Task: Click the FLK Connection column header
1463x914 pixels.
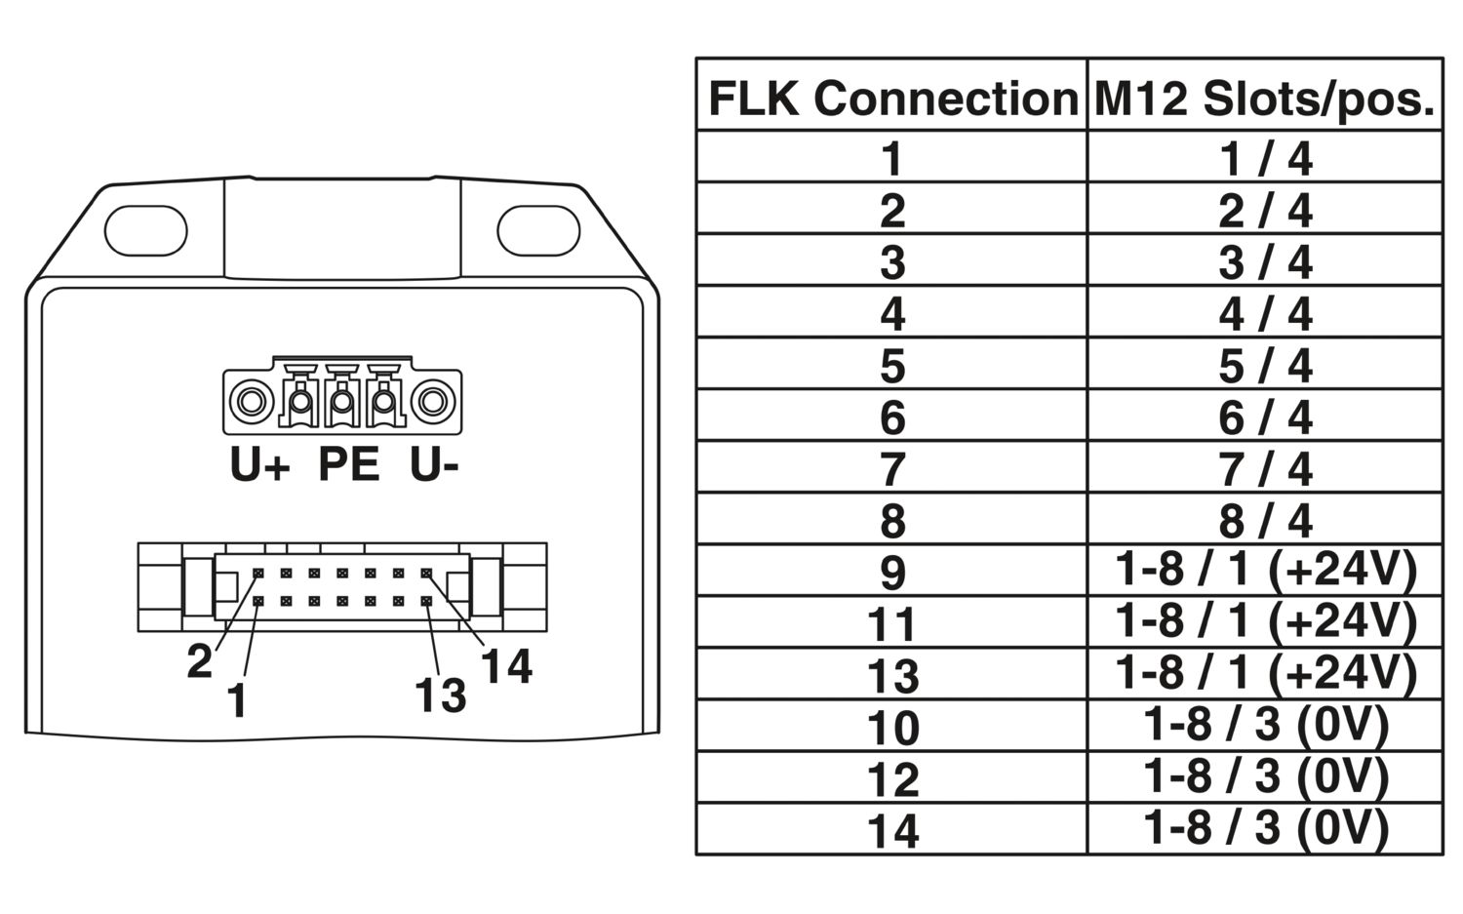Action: (891, 98)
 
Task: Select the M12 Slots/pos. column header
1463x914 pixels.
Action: (1265, 98)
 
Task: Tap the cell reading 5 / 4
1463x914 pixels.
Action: (1265, 365)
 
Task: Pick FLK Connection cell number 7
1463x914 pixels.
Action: (891, 468)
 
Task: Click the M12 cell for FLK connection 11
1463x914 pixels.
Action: (1265, 621)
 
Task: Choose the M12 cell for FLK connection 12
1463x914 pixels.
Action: (1265, 776)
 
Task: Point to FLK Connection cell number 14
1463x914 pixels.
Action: (891, 830)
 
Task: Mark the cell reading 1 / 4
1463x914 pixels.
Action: (1265, 158)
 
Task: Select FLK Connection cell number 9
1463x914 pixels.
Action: (891, 572)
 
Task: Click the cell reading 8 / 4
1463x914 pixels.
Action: (1265, 520)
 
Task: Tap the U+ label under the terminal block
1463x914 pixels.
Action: (259, 465)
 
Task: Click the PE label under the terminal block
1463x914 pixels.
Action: (348, 464)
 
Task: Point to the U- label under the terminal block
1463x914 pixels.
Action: (434, 465)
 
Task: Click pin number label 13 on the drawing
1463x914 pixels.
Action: (440, 695)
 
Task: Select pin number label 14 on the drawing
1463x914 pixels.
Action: (506, 666)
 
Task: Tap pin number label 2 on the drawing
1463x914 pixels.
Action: (199, 662)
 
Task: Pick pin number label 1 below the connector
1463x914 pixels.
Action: (236, 701)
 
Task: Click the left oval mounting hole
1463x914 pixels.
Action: (145, 231)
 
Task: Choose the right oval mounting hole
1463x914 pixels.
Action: (538, 231)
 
